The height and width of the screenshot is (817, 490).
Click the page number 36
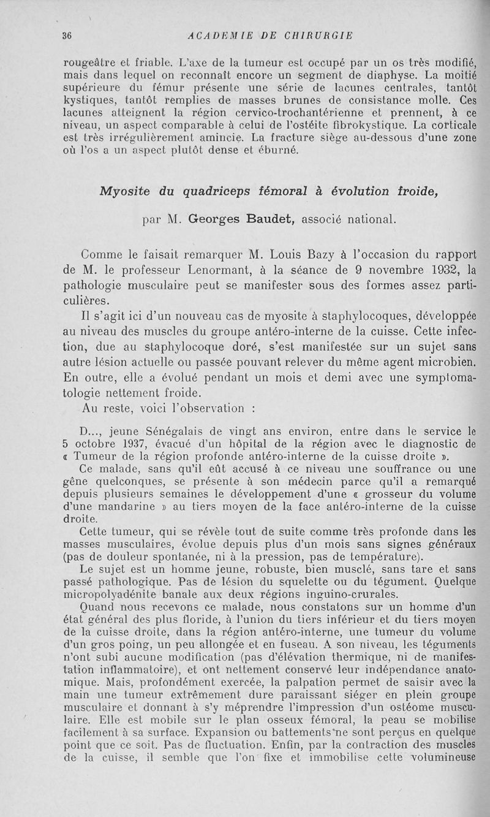point(67,36)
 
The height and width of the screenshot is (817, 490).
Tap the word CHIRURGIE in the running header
point(322,36)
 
